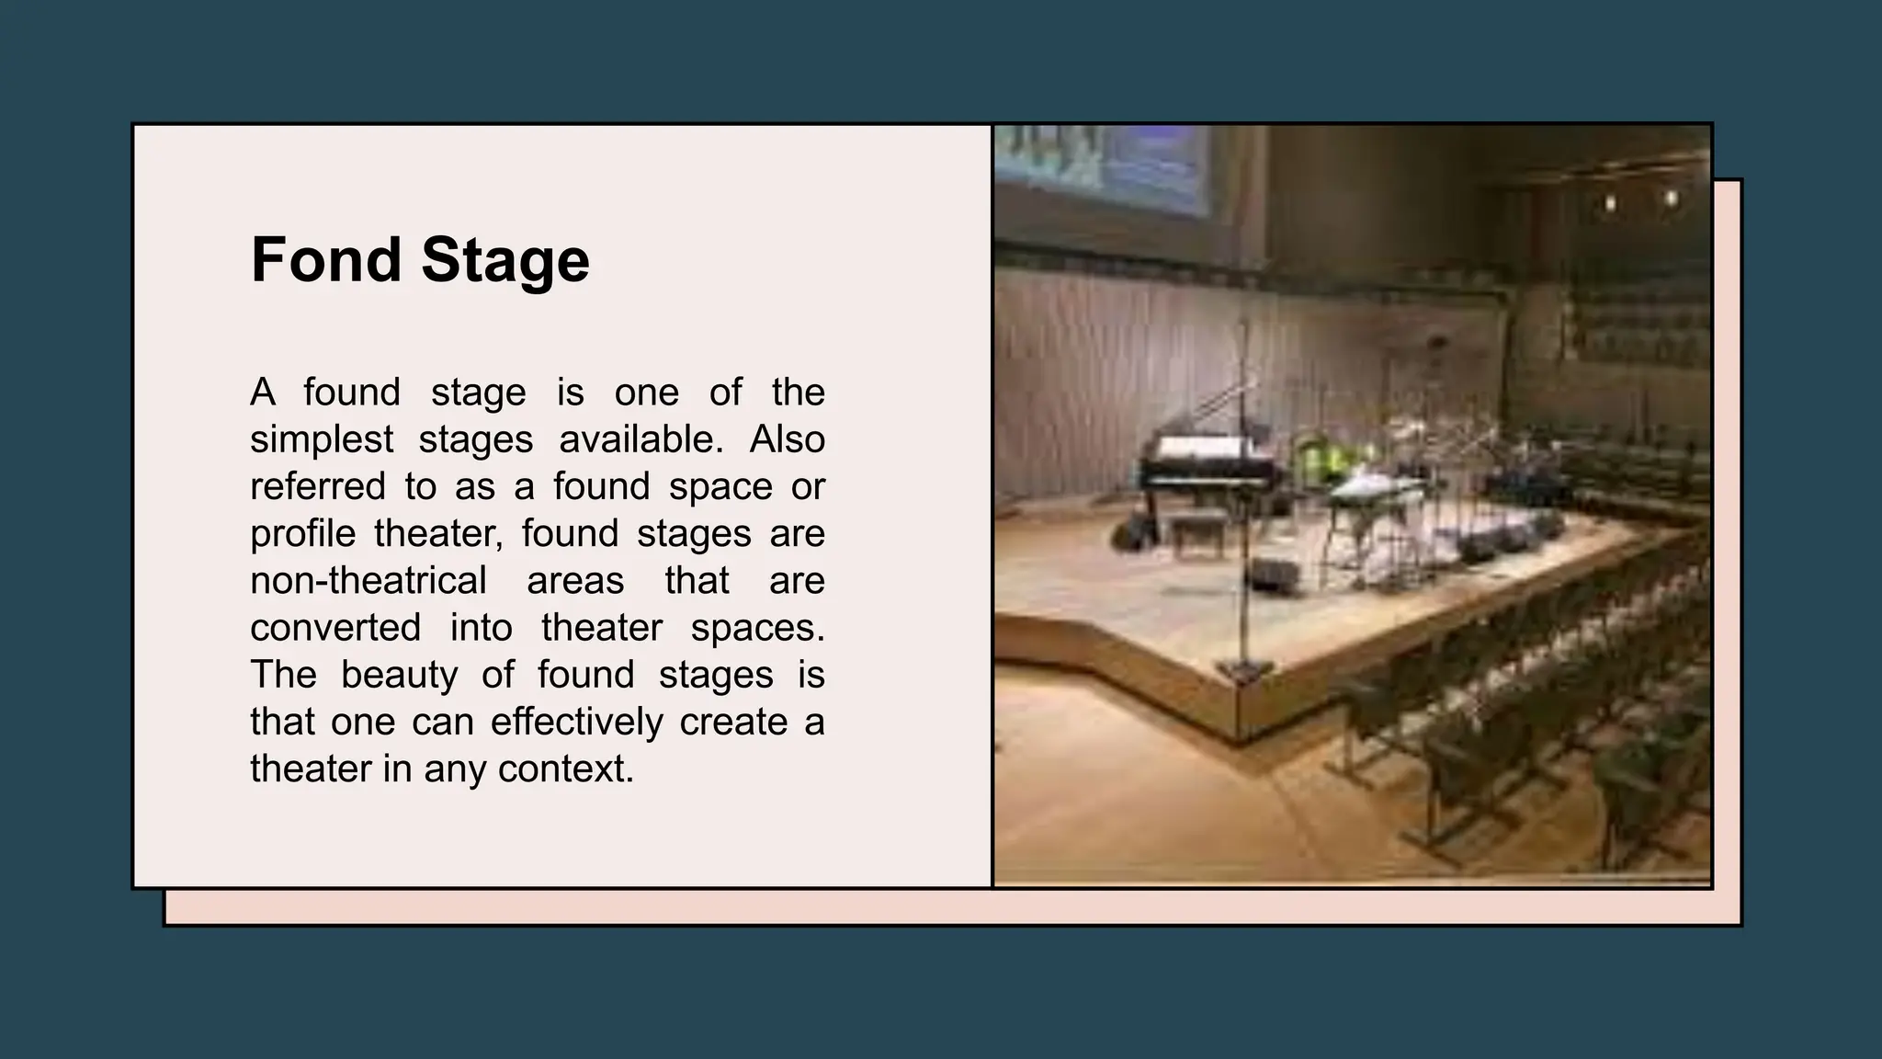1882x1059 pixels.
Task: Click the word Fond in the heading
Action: (326, 260)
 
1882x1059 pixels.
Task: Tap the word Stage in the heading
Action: (505, 260)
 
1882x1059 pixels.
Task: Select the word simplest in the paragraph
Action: (322, 439)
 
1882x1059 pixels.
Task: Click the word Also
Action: (787, 439)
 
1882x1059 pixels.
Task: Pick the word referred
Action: (317, 486)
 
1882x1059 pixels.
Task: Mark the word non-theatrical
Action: (368, 581)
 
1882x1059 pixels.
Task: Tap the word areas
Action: (575, 581)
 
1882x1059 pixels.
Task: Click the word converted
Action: (335, 628)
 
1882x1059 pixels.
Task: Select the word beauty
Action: (399, 675)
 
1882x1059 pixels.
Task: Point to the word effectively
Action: (576, 722)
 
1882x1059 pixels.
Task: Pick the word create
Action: (733, 722)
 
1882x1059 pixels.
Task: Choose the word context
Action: (566, 769)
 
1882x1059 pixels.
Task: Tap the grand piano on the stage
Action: (1204, 469)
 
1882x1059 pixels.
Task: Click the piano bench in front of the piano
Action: (1196, 531)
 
